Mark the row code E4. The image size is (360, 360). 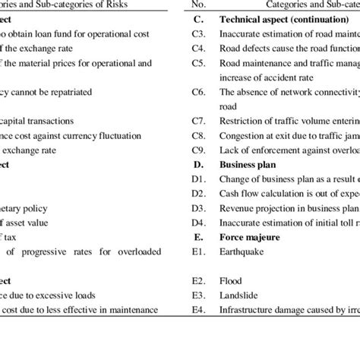[x=197, y=308]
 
